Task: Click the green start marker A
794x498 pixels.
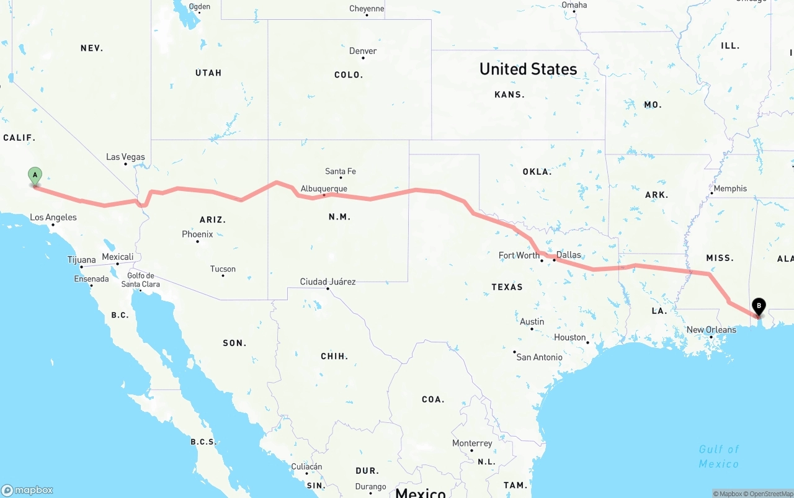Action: click(x=35, y=176)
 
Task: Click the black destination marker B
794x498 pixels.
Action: click(x=758, y=306)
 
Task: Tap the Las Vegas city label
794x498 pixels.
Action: click(x=125, y=157)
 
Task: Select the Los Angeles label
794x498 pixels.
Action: click(x=53, y=217)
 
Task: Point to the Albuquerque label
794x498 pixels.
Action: click(x=324, y=189)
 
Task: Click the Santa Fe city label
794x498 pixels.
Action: click(x=341, y=171)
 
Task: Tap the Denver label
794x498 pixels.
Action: click(x=363, y=51)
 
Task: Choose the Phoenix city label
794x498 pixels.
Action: click(x=197, y=234)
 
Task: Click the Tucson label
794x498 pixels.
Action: click(x=223, y=269)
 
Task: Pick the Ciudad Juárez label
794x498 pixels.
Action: click(x=328, y=282)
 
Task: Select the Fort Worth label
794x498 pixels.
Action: click(x=519, y=255)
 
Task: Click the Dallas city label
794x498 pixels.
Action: click(x=569, y=254)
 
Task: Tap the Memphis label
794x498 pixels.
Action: click(x=730, y=189)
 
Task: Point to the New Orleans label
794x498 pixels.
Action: click(x=711, y=329)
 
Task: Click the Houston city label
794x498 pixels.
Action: click(x=570, y=337)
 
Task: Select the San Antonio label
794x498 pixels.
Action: click(x=539, y=357)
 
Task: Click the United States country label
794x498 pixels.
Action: click(x=528, y=69)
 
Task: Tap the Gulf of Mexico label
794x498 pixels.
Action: click(x=719, y=456)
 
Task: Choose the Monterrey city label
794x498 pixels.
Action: click(x=472, y=443)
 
